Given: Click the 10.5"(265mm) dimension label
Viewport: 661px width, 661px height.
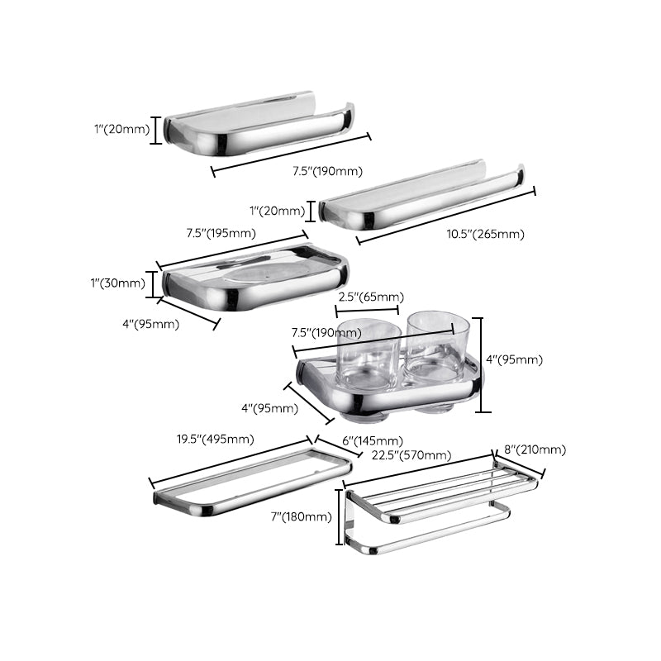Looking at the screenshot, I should click(485, 234).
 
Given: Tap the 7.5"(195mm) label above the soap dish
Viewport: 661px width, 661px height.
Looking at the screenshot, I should click(221, 233).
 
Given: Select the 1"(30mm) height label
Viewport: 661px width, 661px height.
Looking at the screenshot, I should click(117, 283).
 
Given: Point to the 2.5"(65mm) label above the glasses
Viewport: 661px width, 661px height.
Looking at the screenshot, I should click(370, 297).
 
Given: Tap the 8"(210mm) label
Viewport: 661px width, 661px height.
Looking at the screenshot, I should click(534, 449).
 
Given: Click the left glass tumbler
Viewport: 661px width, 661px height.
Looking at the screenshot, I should click(368, 355).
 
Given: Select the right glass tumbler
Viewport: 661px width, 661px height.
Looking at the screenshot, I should click(438, 347).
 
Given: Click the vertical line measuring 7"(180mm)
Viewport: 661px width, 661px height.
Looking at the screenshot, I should click(339, 516).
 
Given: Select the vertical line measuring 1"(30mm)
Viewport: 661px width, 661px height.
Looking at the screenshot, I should click(153, 283).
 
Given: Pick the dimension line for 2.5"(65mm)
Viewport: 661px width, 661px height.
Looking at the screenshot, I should click(368, 311).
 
